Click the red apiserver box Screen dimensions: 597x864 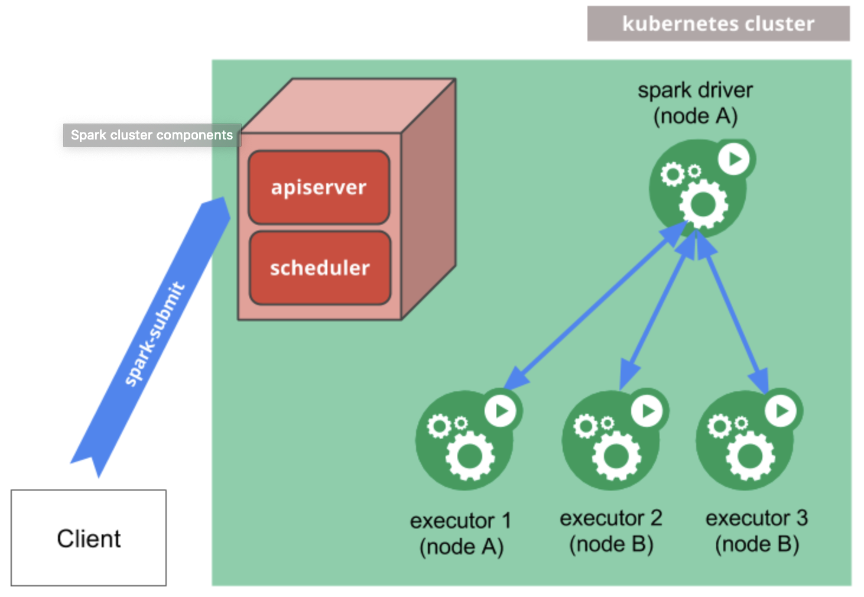coord(319,187)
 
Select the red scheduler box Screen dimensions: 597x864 coord(320,268)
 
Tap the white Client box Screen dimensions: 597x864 coord(89,538)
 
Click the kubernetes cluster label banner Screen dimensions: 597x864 coord(718,24)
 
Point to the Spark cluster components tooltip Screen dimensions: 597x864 coord(152,135)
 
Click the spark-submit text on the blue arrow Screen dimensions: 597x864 coord(154,335)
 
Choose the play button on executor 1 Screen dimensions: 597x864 coord(501,410)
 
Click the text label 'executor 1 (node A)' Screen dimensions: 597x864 coord(461,533)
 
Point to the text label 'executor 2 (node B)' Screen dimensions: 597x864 coord(611,531)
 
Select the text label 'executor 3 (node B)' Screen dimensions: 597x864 coord(756,531)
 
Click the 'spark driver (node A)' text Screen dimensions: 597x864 coord(695,103)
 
